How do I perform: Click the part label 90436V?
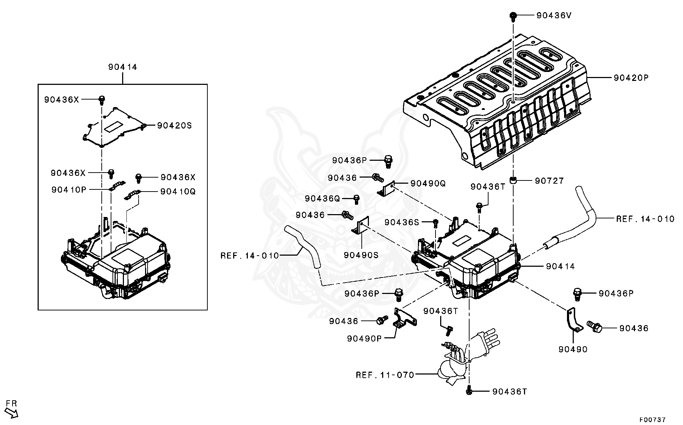coord(554,15)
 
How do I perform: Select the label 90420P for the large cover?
coord(631,78)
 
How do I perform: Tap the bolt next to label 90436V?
coord(513,15)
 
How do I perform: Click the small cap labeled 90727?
coord(514,180)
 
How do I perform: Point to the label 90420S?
coord(175,126)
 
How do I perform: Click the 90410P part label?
coord(69,190)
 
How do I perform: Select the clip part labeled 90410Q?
coord(132,195)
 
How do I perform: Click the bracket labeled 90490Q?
coord(386,190)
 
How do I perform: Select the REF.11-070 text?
coord(385,375)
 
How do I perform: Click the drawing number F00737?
coord(653,419)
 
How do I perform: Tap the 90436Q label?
coord(322,198)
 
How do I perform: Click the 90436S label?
coord(401,222)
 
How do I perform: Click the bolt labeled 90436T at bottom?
coord(469,392)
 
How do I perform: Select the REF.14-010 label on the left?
coord(250,256)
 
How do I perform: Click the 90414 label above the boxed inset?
coord(123,67)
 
